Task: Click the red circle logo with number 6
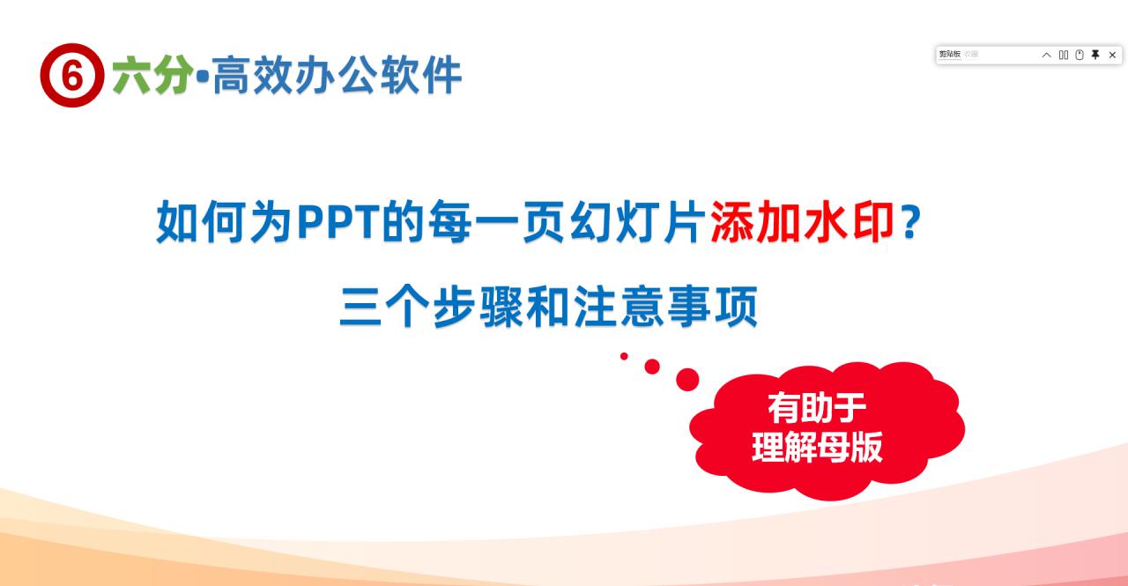[72, 76]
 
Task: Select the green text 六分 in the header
[152, 76]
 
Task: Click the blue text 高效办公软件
[337, 76]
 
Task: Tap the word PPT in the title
[338, 223]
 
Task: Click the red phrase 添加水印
[802, 223]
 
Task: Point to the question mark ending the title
[912, 223]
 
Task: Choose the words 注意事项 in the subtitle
[666, 308]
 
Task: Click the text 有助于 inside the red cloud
[817, 408]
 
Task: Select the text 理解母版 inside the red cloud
[817, 448]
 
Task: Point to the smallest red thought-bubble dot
[624, 356]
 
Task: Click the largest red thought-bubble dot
[687, 380]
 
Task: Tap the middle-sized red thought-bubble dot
[652, 367]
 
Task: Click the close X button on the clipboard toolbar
[1112, 55]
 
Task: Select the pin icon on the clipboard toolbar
[1095, 55]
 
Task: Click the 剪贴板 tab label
[949, 55]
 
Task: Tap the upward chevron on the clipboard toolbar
[1046, 55]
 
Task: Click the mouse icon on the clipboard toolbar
[1080, 55]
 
